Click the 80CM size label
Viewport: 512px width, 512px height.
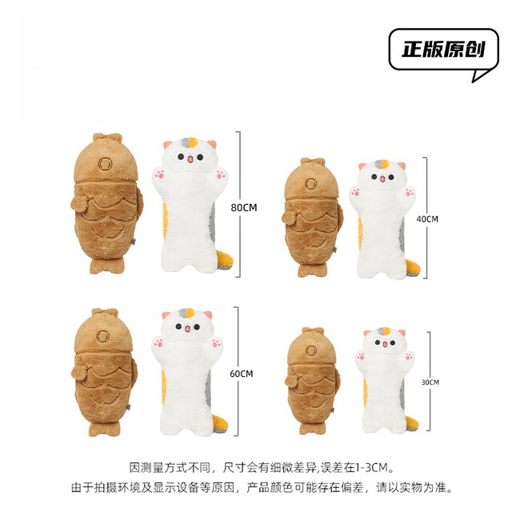click(x=244, y=208)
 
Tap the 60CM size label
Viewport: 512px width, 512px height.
click(x=242, y=374)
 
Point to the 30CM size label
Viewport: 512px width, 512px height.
click(x=430, y=382)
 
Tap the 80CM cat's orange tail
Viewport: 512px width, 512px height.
click(x=226, y=261)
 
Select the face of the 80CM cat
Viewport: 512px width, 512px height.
click(x=190, y=155)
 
